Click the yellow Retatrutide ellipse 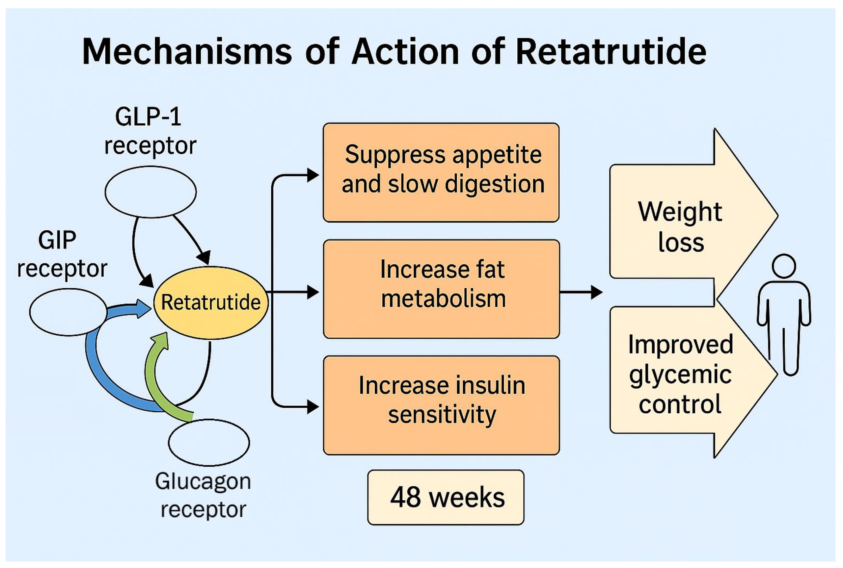[x=210, y=302]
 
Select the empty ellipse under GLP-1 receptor [x=150, y=192]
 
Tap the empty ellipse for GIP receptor [x=68, y=312]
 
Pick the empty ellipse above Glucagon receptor [x=209, y=442]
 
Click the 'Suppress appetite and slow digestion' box [x=441, y=172]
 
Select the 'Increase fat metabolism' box [x=441, y=289]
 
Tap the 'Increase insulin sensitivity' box [x=441, y=405]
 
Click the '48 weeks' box [x=446, y=497]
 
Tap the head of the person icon [x=784, y=266]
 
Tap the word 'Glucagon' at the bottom [x=203, y=481]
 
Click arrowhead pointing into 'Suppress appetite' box [x=313, y=175]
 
